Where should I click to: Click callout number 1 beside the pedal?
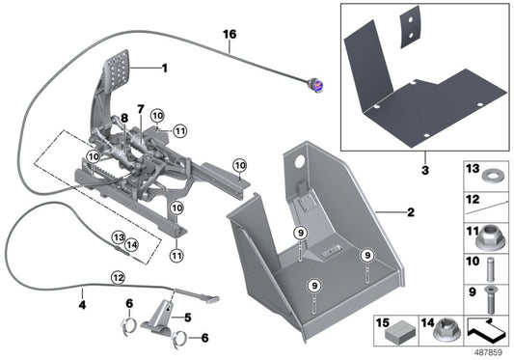[164, 69]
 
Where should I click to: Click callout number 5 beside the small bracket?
[187, 316]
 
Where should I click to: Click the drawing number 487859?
[488, 351]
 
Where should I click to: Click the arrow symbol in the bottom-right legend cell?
[489, 330]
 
